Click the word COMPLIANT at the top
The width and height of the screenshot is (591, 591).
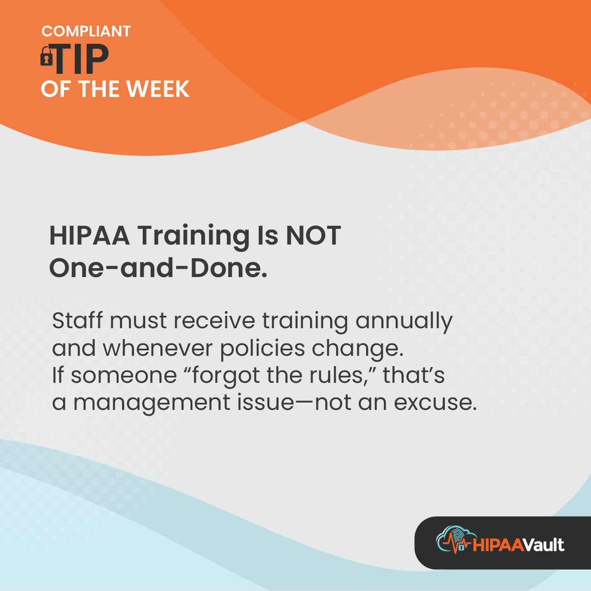pyautogui.click(x=86, y=31)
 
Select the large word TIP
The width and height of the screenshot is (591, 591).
pyautogui.click(x=81, y=60)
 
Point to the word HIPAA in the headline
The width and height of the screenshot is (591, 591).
pyautogui.click(x=89, y=236)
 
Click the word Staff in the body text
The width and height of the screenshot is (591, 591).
pyautogui.click(x=77, y=321)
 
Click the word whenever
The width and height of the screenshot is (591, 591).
pyautogui.click(x=158, y=349)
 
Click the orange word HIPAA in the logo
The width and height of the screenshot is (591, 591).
pyautogui.click(x=495, y=545)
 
